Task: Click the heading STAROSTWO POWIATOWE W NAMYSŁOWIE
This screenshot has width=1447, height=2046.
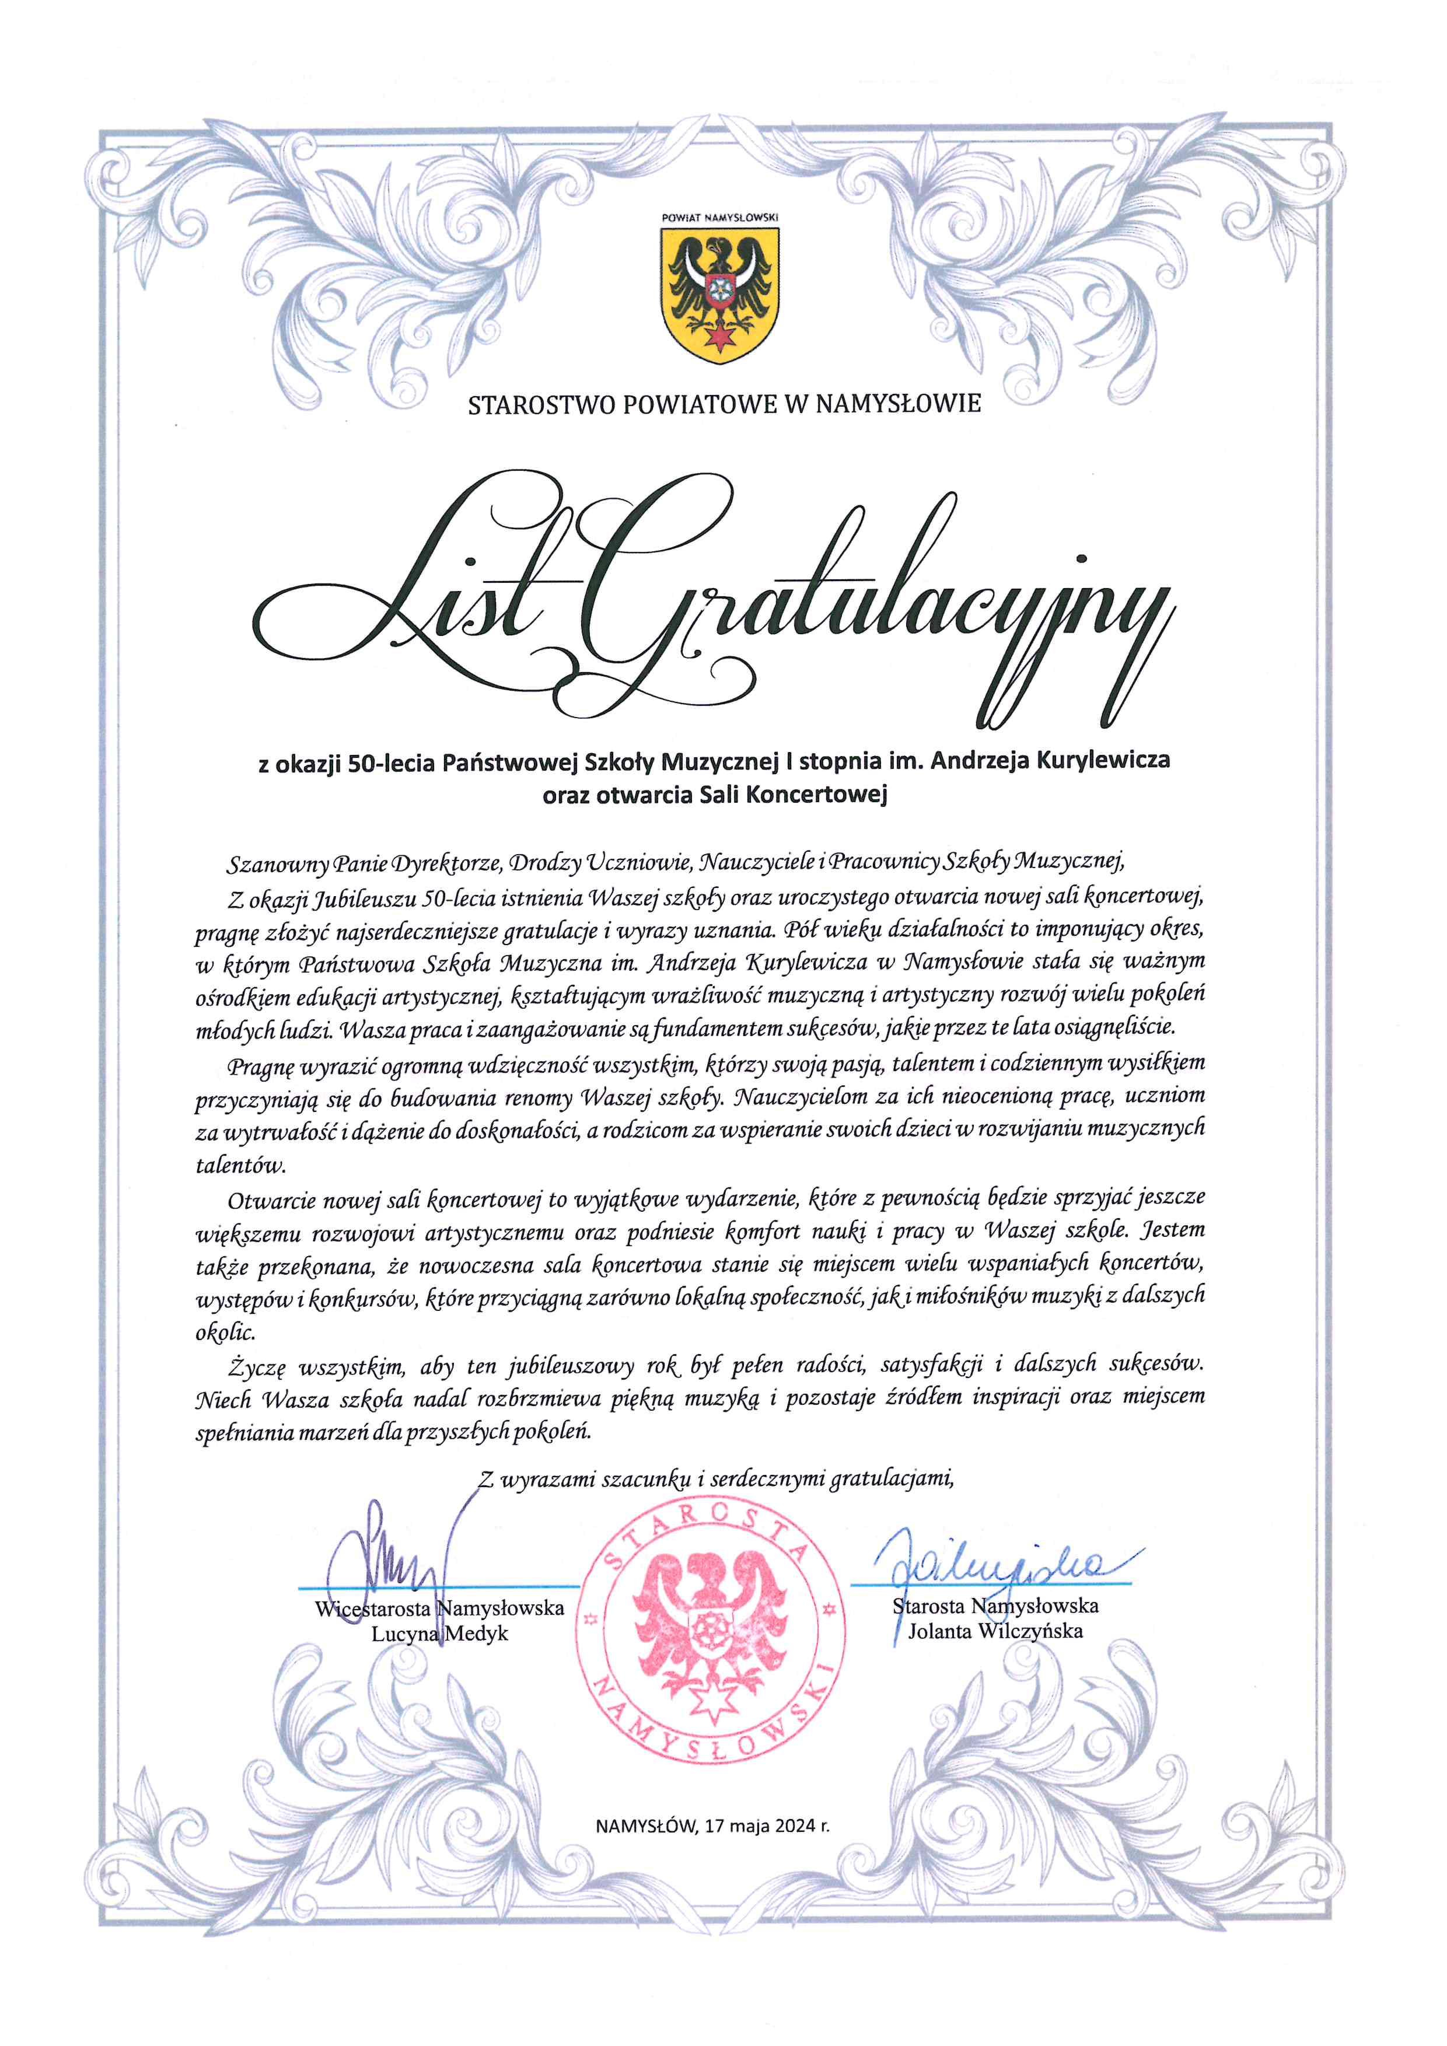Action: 723,404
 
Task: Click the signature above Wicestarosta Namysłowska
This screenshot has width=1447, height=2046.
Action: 392,1559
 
